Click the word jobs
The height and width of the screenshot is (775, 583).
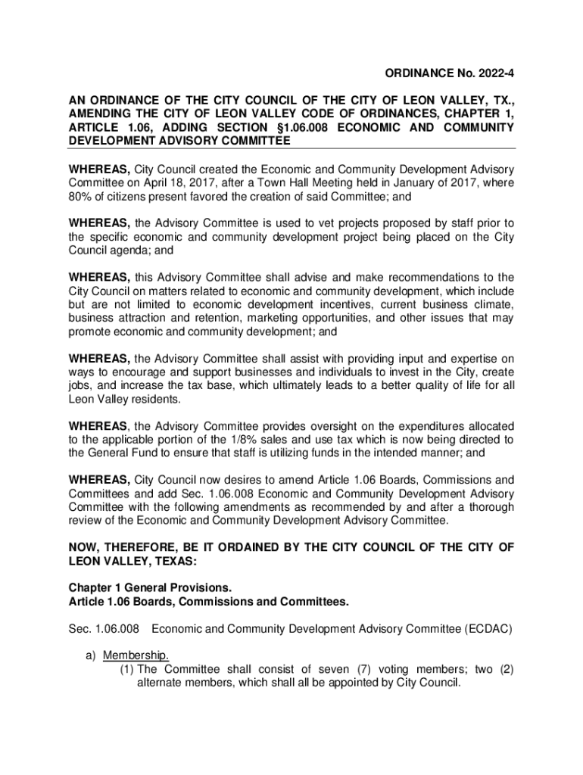pos(81,385)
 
